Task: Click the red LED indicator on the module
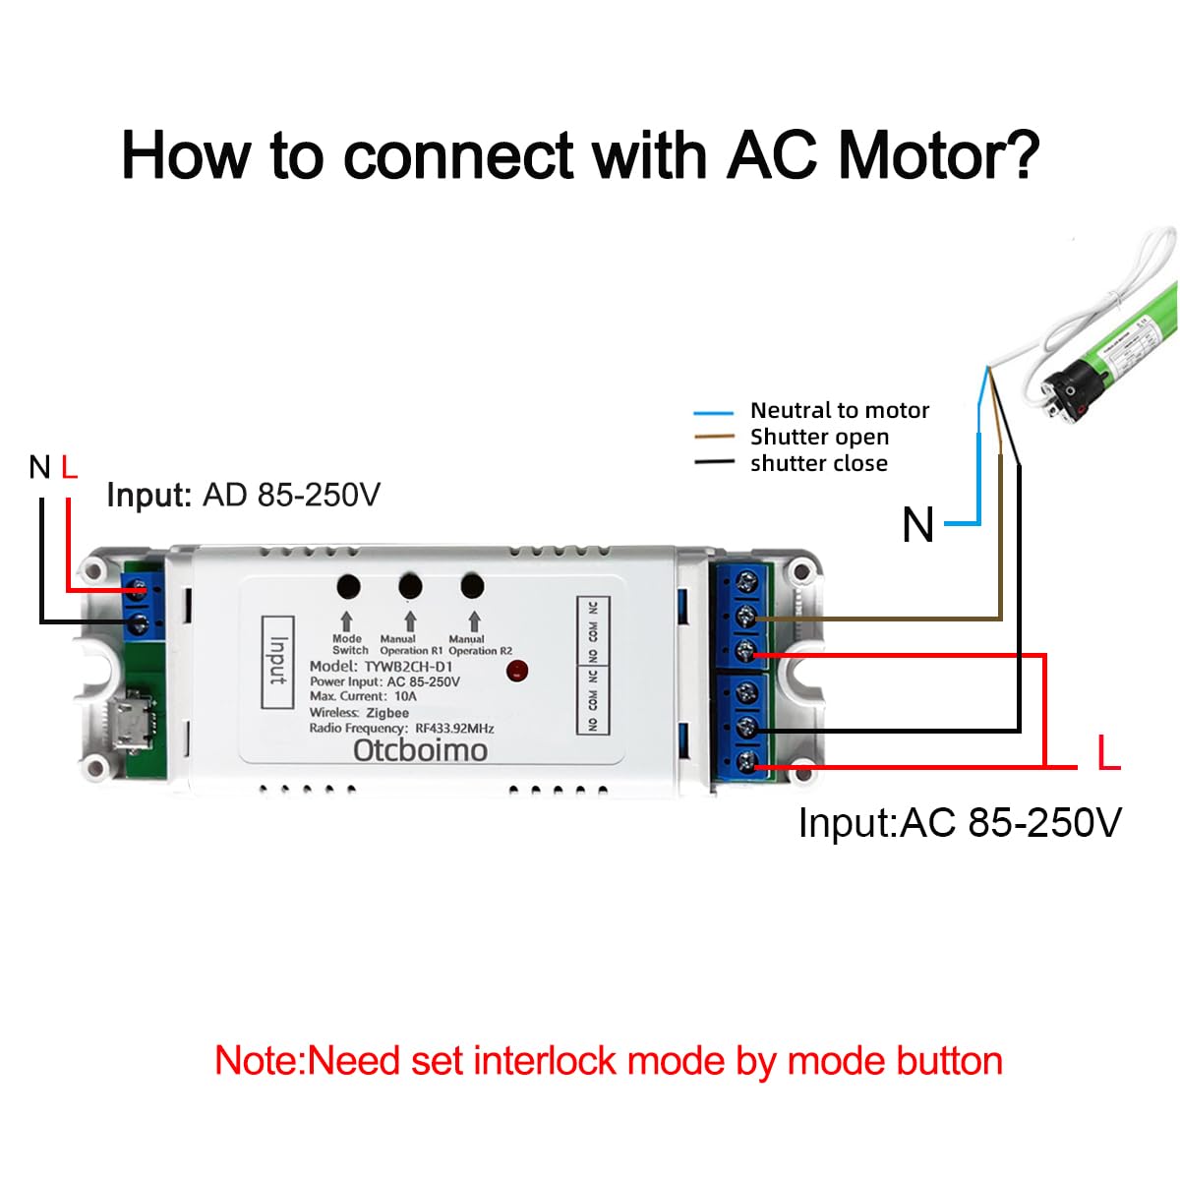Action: (x=517, y=672)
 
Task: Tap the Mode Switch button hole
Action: (x=348, y=586)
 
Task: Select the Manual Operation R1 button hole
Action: (x=410, y=586)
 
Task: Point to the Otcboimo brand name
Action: (x=420, y=750)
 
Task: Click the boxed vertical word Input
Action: (x=278, y=661)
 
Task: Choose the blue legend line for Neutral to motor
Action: (x=713, y=413)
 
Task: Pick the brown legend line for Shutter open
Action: (x=713, y=438)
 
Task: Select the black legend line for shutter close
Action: (x=713, y=463)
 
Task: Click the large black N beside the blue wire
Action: (x=917, y=525)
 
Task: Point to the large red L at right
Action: (x=1108, y=754)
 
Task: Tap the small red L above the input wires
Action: (x=69, y=467)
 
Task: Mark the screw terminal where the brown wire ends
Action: (x=746, y=617)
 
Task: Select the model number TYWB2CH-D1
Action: (x=408, y=666)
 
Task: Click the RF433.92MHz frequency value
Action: (x=454, y=729)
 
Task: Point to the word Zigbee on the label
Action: (x=387, y=713)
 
